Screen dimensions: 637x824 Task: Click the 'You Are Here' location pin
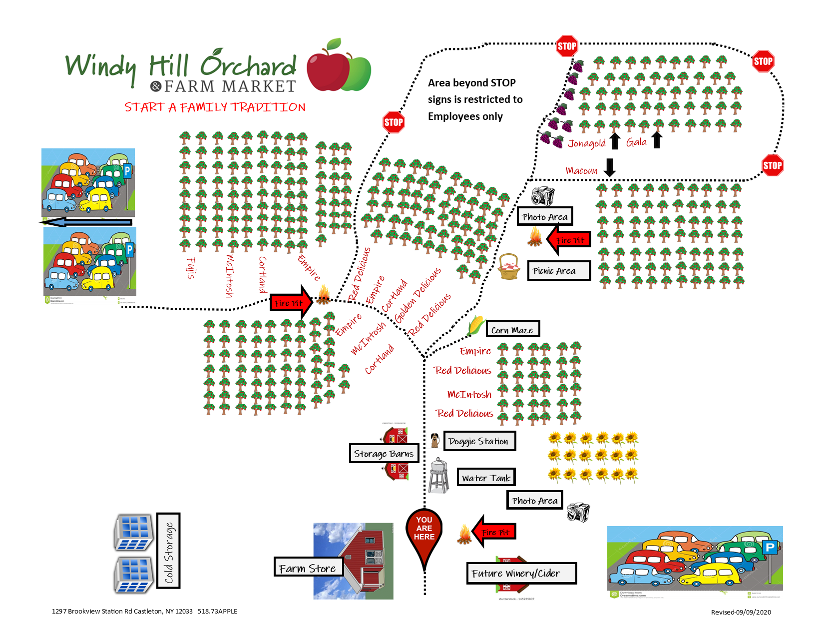click(424, 533)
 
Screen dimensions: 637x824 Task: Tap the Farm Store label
click(308, 568)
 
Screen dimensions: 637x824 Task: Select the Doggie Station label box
click(479, 441)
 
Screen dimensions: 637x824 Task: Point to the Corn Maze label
click(512, 329)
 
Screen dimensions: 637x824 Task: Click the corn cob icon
click(476, 325)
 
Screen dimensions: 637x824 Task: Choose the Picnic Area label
click(558, 271)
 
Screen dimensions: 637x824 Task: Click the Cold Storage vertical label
click(169, 551)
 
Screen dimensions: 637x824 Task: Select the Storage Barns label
click(384, 453)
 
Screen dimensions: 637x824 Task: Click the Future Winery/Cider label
click(521, 573)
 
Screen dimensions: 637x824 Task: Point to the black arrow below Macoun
click(609, 167)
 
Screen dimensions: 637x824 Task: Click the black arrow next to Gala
click(657, 140)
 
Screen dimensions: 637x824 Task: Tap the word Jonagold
click(586, 143)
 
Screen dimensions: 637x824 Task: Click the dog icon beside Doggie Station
click(434, 440)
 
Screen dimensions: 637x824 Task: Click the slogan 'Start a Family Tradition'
click(215, 107)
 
